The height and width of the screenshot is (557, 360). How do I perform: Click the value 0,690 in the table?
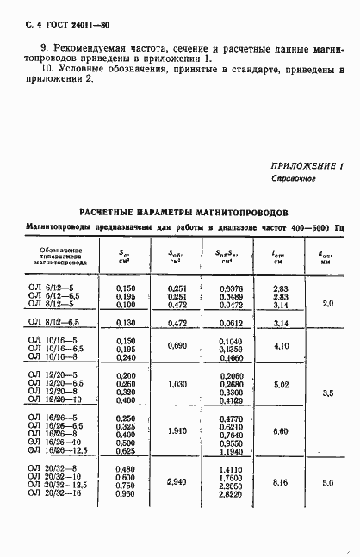pos(176,347)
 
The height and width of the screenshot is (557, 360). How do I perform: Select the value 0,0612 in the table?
pos(228,322)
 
